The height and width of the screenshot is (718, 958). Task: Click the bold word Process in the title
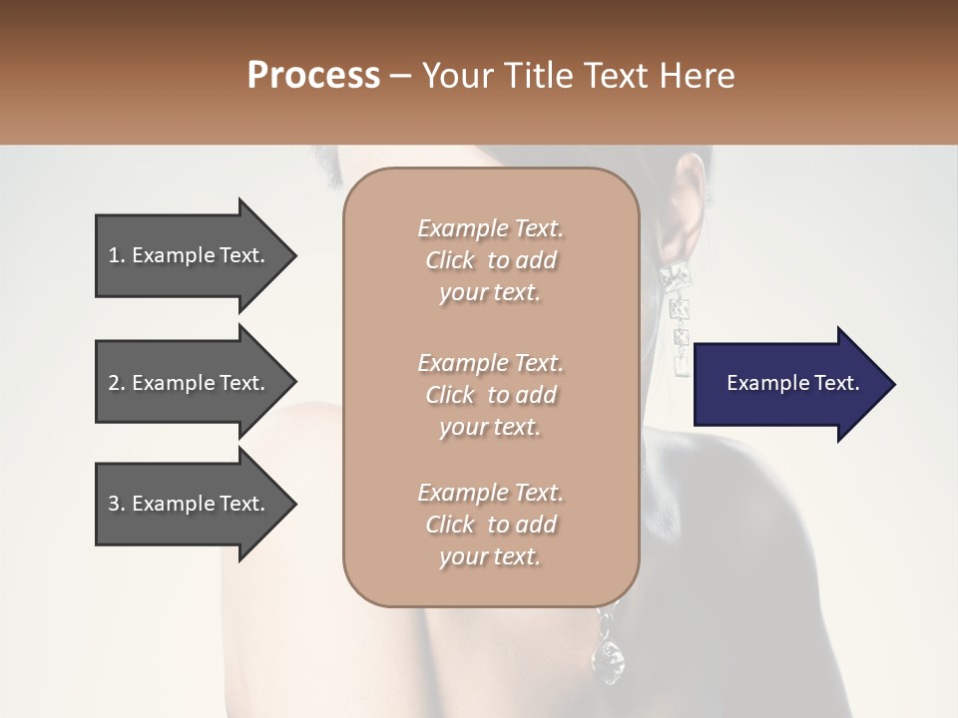click(x=313, y=76)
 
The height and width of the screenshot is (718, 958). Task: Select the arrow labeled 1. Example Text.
click(x=190, y=255)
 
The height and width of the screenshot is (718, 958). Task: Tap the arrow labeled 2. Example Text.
click(x=190, y=383)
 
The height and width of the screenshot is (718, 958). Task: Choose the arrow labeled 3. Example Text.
click(x=190, y=504)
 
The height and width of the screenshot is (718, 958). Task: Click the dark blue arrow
click(x=788, y=384)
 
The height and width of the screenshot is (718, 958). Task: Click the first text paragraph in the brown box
click(x=490, y=260)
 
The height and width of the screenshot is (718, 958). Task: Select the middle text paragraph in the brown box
click(x=490, y=395)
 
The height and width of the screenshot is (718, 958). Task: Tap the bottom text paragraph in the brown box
click(x=490, y=525)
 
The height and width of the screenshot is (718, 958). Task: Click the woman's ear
click(x=688, y=204)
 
